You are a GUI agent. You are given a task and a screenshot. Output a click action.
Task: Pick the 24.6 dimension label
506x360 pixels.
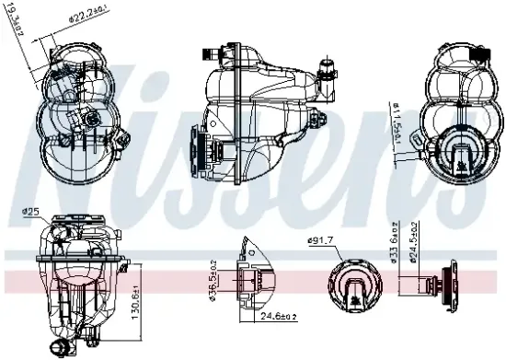click(x=266, y=318)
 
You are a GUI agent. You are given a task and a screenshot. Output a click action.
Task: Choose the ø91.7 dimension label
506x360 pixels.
click(x=320, y=241)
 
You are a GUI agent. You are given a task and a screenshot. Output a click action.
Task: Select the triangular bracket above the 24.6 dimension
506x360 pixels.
click(x=247, y=252)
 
